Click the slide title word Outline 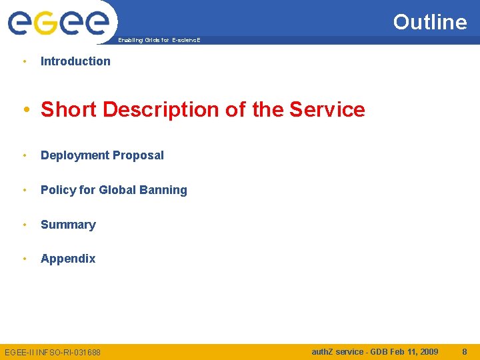point(430,22)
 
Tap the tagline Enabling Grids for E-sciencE point(159,41)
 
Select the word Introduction point(75,61)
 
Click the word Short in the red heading point(66,109)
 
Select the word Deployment point(73,155)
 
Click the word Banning point(163,190)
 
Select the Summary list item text point(68,225)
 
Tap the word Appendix point(68,259)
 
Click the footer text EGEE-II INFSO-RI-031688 point(53,352)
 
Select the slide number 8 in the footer point(465,351)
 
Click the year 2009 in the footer point(427,351)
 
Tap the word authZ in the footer point(324,351)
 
